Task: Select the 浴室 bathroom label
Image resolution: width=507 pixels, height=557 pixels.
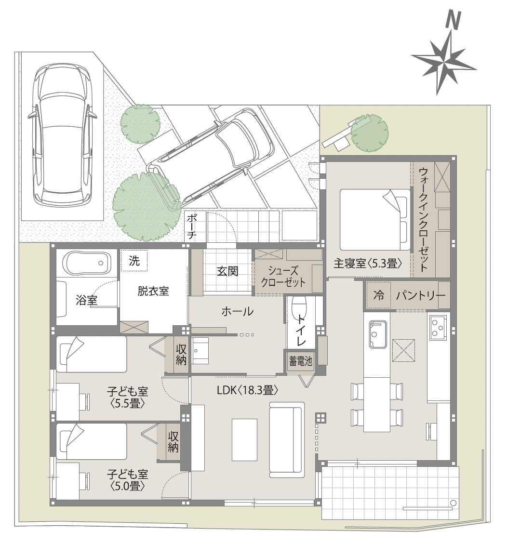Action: click(x=86, y=300)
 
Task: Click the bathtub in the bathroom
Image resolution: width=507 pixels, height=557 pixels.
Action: click(x=85, y=263)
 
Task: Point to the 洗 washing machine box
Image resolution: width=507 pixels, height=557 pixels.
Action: click(x=133, y=261)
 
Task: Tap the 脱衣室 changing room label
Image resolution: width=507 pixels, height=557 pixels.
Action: click(x=153, y=292)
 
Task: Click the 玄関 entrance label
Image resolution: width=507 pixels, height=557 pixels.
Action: click(x=227, y=271)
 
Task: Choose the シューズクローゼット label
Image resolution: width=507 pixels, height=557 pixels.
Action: click(x=283, y=276)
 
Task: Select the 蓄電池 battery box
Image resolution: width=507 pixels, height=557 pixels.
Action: click(x=301, y=361)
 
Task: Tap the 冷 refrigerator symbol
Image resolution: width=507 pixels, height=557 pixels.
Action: click(x=379, y=295)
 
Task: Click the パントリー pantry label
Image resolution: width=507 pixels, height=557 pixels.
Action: click(x=420, y=295)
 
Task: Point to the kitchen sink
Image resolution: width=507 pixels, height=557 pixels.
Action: click(x=377, y=334)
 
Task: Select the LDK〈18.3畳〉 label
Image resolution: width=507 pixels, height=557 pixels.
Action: click(x=247, y=390)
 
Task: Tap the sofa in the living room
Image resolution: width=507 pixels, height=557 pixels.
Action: click(x=287, y=440)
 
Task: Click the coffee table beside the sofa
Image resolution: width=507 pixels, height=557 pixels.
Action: click(x=244, y=440)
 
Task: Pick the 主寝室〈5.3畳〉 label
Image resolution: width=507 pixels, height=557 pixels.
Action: click(x=368, y=264)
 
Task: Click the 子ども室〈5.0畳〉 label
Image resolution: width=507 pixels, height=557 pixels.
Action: click(x=128, y=480)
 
